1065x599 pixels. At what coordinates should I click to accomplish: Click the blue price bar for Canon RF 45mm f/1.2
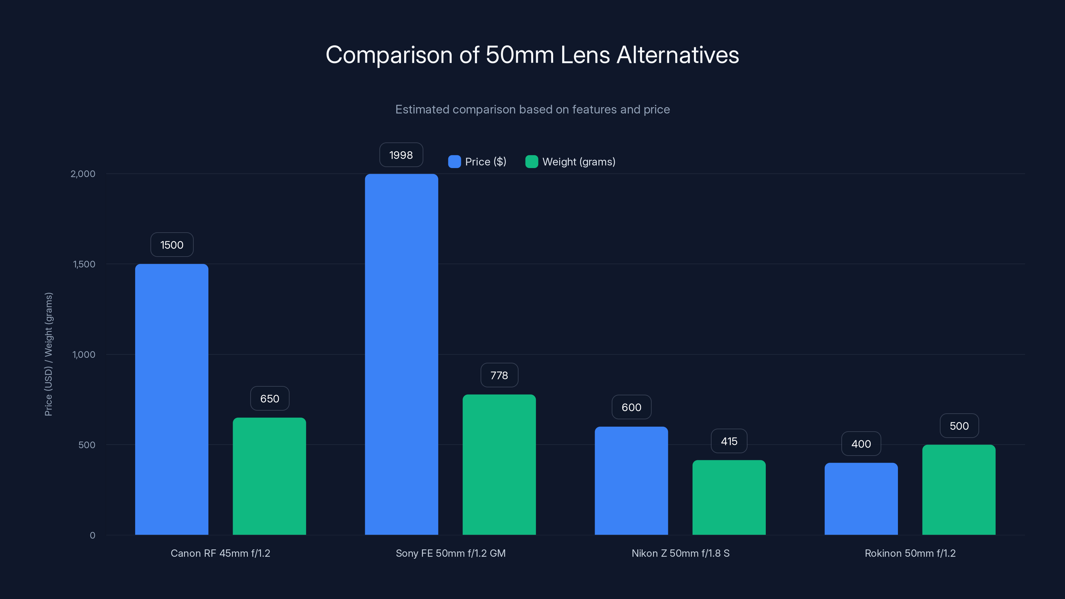[172, 399]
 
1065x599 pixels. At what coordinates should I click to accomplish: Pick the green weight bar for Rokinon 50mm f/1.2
[959, 490]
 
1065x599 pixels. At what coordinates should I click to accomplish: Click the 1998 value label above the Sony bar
[401, 155]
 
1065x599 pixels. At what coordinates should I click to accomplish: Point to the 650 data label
[270, 399]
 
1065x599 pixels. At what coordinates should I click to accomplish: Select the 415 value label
[729, 441]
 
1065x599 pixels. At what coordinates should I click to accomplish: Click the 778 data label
[499, 375]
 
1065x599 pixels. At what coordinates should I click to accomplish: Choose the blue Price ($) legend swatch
[454, 162]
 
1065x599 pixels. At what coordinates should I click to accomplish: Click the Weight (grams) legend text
[579, 162]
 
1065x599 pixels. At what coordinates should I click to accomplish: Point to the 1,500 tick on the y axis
[84, 264]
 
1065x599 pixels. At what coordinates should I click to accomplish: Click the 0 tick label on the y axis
[93, 535]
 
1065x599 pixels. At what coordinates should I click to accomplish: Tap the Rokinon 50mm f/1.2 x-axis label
[910, 553]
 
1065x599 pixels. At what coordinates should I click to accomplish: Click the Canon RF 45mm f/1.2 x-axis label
[220, 553]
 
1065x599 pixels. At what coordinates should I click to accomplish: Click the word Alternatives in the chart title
[678, 55]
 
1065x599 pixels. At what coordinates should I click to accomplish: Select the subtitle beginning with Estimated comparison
[532, 109]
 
